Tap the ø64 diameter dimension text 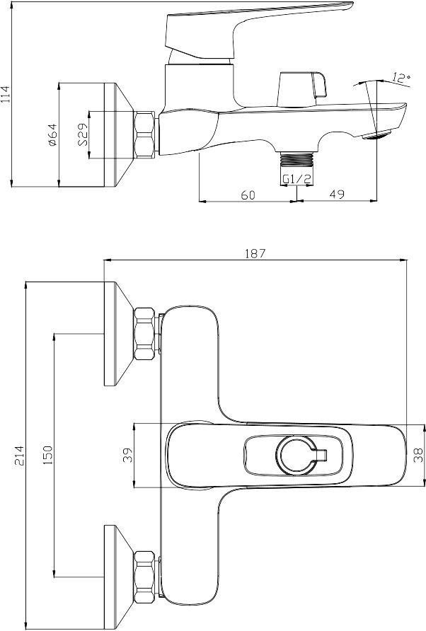tap(52, 134)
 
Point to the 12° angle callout tap(401, 78)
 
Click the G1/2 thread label tap(297, 179)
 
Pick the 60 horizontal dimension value tap(248, 195)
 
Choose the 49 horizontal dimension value tap(337, 194)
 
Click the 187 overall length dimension tap(255, 253)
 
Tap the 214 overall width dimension tap(19, 455)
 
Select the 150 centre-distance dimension tap(48, 455)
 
